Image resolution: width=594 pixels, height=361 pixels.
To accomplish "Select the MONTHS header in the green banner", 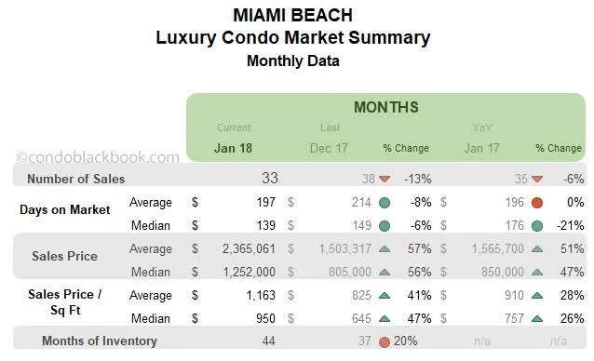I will (385, 107).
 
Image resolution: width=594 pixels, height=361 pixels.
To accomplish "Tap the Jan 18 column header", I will (233, 147).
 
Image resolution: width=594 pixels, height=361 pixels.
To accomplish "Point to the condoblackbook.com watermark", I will (98, 158).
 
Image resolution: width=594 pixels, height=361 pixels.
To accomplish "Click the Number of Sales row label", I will (75, 179).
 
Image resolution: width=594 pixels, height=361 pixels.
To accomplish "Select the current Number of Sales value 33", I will (269, 178).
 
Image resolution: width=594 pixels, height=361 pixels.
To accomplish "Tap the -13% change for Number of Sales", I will (417, 179).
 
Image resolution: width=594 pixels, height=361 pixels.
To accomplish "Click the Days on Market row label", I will (65, 209).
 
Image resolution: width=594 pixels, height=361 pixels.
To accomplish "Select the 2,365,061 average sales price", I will (242, 249).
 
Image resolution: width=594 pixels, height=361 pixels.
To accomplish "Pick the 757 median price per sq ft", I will (507, 318).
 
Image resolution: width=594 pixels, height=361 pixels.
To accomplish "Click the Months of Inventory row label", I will (99, 341).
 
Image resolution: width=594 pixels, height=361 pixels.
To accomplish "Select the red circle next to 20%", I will (384, 341).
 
